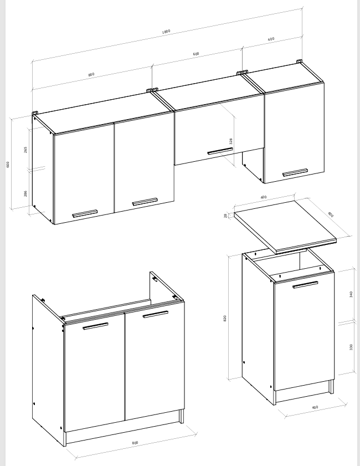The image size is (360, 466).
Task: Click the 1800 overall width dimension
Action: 166,32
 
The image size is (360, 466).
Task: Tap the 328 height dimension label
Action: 231,141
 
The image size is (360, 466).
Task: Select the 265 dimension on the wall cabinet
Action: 25,150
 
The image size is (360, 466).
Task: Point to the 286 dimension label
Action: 25,193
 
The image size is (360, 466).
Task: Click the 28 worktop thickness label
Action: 225,216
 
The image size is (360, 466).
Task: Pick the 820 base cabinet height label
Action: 225,318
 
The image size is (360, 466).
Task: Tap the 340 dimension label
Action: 351,294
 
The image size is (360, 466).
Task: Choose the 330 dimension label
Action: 351,347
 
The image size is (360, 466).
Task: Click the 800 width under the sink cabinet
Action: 135,443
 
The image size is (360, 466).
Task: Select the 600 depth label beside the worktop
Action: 331,214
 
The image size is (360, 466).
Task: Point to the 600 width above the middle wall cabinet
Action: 196,54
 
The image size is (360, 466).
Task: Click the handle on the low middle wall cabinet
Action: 220,151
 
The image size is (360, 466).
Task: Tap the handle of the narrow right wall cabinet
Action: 295,172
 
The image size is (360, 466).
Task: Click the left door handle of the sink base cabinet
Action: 95,326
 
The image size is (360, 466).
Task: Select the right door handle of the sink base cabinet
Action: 155,314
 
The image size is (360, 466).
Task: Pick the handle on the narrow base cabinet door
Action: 305,285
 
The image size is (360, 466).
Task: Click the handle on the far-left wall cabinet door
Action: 85,214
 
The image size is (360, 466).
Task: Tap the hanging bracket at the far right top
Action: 299,62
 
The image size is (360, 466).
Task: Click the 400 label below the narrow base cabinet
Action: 315,407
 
